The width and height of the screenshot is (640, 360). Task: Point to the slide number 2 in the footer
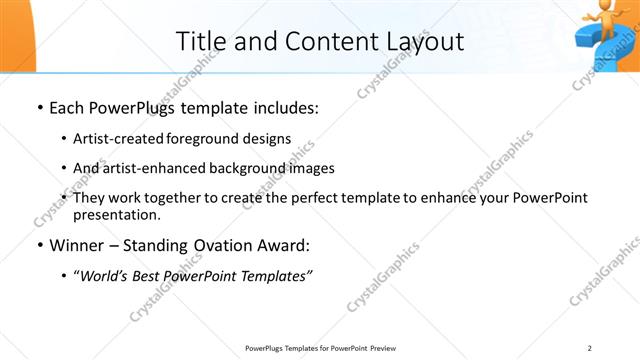coord(590,347)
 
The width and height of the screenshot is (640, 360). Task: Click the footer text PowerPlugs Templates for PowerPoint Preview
coord(319,347)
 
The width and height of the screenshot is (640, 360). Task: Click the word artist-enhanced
coord(147,168)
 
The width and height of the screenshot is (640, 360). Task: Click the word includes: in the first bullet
coord(284,106)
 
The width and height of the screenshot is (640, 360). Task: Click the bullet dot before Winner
coord(38,244)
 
